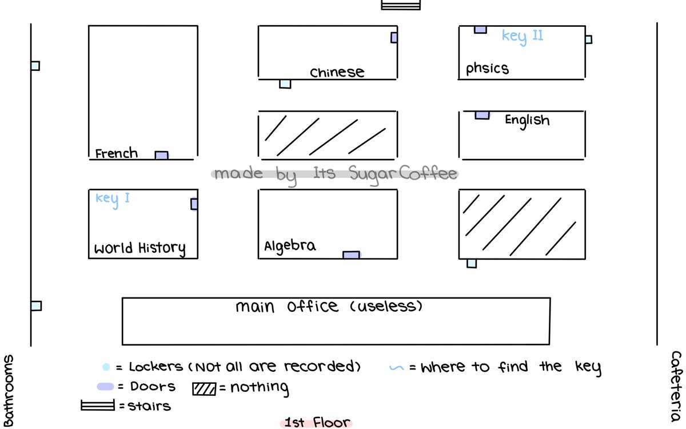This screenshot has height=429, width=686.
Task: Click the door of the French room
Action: [x=162, y=155]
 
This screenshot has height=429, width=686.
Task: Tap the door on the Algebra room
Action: [x=351, y=255]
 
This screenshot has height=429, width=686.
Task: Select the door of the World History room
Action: [x=194, y=204]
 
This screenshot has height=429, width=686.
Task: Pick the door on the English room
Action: [x=482, y=115]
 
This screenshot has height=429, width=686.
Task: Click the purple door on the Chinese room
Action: [x=394, y=38]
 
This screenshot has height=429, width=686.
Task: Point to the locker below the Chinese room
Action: [x=285, y=84]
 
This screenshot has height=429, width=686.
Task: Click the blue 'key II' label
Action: [x=522, y=36]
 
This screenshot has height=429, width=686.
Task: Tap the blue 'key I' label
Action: [x=113, y=198]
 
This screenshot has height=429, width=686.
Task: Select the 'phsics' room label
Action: [x=487, y=69]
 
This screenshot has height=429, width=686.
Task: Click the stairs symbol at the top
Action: [x=401, y=4]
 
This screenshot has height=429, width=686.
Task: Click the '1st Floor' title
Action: [x=317, y=423]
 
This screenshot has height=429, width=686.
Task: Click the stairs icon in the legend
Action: [x=98, y=406]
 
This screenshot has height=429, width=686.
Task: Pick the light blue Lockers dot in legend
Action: [x=106, y=367]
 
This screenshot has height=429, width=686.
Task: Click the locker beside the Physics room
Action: [x=588, y=39]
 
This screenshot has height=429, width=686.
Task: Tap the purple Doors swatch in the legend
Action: [x=105, y=387]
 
